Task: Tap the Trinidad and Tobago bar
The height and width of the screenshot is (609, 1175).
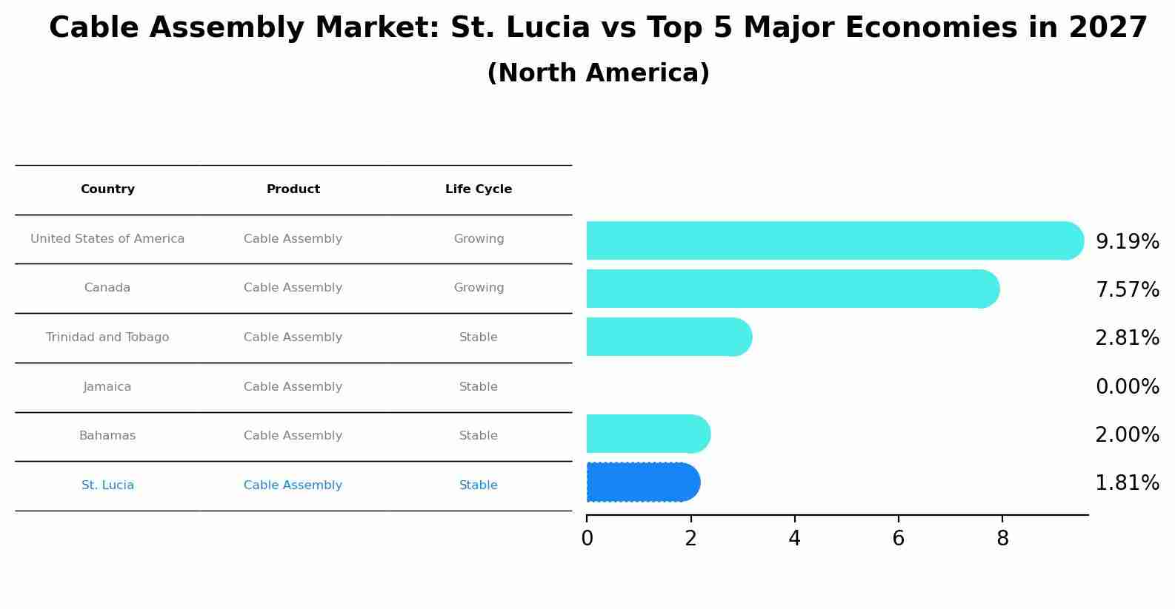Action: (668, 337)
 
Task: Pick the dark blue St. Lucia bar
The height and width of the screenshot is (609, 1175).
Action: (642, 482)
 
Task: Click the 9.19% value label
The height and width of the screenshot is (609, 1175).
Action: (1127, 242)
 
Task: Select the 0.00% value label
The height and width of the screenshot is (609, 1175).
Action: (1127, 387)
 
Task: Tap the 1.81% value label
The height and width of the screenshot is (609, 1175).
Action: (1127, 483)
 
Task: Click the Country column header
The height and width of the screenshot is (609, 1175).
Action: (107, 189)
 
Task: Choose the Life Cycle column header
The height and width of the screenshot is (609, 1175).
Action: (479, 189)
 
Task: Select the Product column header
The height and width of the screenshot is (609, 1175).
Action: (293, 189)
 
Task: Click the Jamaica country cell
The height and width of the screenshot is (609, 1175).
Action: (107, 387)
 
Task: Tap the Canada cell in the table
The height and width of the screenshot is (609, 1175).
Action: (107, 288)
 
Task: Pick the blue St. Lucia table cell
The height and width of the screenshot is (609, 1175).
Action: (107, 485)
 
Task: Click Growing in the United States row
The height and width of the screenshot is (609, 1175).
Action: (479, 239)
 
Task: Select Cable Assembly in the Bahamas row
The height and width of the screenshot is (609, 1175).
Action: (293, 436)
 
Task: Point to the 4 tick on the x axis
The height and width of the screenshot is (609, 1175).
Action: (795, 539)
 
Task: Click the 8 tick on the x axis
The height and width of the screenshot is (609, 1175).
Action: (1002, 539)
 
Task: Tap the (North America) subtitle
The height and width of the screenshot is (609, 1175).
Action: (598, 73)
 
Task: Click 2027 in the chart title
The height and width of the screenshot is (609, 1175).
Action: (1108, 28)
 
